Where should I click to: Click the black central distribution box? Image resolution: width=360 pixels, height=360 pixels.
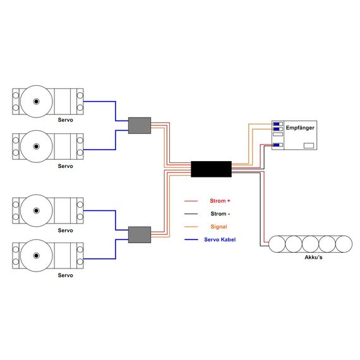[x=211, y=169]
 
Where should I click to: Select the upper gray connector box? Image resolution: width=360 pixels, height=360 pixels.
[x=140, y=126]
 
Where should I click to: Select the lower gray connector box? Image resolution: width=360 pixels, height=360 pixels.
[x=140, y=235]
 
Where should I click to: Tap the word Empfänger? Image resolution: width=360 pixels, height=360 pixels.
[x=300, y=128]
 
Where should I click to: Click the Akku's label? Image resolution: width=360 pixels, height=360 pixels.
[x=313, y=257]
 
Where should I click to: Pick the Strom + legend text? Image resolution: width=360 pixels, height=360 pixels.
[x=220, y=201]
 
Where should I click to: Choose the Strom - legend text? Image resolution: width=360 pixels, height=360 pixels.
[x=220, y=213]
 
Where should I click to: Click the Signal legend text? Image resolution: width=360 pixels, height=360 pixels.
[x=219, y=227]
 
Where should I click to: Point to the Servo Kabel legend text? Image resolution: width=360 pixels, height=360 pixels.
[x=220, y=239]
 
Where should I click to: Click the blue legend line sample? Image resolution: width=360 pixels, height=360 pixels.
[x=191, y=240]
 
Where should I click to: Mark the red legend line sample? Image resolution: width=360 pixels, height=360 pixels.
[x=191, y=201]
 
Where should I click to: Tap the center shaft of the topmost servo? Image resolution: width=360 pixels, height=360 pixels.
[x=36, y=102]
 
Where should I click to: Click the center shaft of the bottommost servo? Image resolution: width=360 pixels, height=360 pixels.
[x=36, y=256]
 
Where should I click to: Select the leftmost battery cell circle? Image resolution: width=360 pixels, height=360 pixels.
[x=277, y=244]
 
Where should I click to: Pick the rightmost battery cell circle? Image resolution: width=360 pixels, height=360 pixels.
[x=344, y=244]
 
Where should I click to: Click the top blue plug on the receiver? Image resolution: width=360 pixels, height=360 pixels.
[x=277, y=124]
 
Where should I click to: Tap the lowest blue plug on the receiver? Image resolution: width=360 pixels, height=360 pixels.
[x=277, y=145]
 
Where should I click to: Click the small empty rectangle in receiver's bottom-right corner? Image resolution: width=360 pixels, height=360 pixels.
[x=309, y=145]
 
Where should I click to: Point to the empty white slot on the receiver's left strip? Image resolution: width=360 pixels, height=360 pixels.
[x=278, y=135]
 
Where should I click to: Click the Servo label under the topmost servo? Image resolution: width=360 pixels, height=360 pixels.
[x=66, y=120]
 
